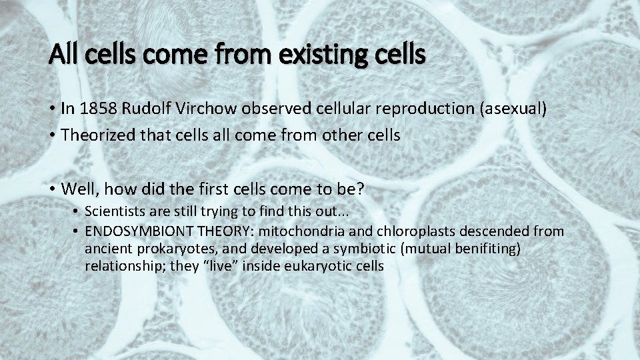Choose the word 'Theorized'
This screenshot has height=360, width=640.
[93, 135]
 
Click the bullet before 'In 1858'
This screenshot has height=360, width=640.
[51, 110]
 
